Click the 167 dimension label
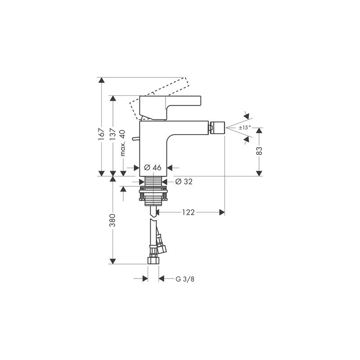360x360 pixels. (101, 134)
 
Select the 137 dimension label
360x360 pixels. (113, 134)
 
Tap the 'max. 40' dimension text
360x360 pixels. (123, 143)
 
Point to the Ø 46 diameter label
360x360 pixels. (153, 167)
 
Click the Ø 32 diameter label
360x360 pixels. (184, 182)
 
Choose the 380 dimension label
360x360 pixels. (112, 220)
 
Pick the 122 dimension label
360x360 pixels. (188, 212)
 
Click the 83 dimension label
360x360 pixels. (259, 151)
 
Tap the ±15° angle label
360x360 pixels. (245, 127)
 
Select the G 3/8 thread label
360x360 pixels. (185, 279)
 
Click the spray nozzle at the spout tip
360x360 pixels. (217, 128)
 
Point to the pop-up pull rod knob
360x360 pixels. (136, 139)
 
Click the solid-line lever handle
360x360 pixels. (170, 108)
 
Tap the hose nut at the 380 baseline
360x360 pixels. (153, 261)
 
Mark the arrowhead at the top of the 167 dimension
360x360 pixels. (101, 80)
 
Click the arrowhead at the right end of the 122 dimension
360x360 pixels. (222, 212)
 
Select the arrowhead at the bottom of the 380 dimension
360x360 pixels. (112, 261)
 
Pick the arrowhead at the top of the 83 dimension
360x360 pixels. (259, 130)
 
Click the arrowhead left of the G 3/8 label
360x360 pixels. (145, 279)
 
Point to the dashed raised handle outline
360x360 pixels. (160, 99)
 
